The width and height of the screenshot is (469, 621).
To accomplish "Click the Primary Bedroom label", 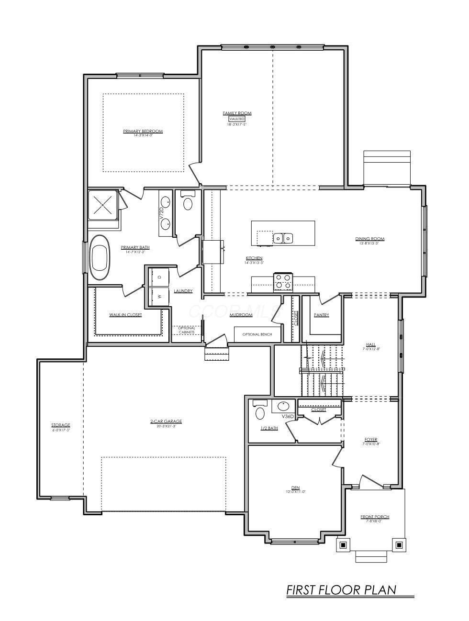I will click(x=143, y=131).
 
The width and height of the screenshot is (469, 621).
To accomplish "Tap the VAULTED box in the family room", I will click(x=236, y=119).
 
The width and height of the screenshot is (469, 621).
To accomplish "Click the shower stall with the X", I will click(x=102, y=205).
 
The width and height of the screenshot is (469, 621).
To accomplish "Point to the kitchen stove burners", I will click(x=282, y=282).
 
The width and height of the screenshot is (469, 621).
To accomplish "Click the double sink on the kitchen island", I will click(x=283, y=238).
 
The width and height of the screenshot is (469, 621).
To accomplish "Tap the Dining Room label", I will click(x=369, y=239).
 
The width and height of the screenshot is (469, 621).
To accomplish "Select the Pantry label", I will click(x=321, y=315).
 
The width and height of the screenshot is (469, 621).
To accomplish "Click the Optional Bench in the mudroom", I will click(x=257, y=334).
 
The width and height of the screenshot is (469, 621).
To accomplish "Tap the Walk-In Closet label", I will click(x=125, y=315).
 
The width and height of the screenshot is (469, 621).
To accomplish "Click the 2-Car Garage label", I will click(x=166, y=421).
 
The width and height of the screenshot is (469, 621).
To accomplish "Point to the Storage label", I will click(x=61, y=425).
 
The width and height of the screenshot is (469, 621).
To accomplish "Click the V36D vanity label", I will click(x=288, y=417).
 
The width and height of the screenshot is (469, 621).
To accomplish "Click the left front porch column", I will click(x=343, y=544).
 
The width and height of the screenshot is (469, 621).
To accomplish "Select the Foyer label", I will click(x=370, y=439).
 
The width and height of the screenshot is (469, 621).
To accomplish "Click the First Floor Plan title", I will click(x=341, y=589).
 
